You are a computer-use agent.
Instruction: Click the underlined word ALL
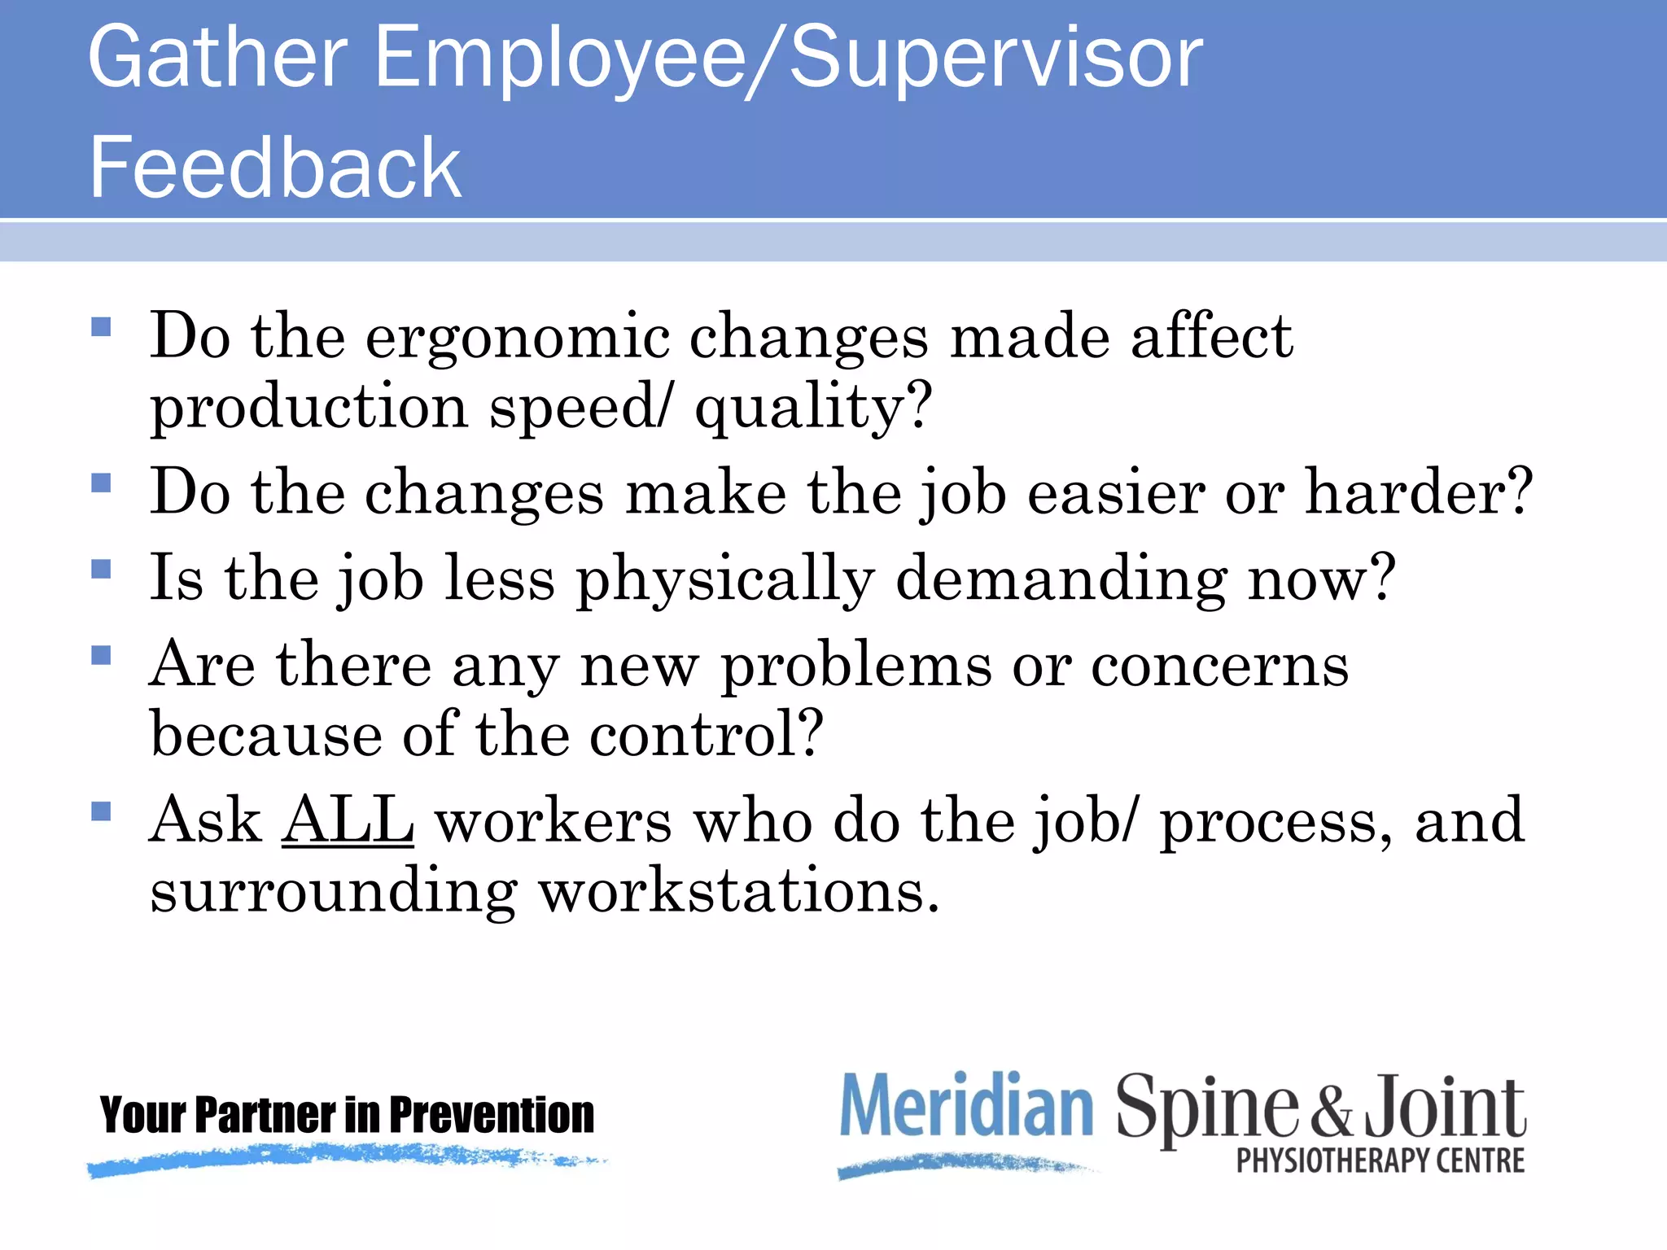click(x=348, y=820)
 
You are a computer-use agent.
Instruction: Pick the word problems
click(x=856, y=666)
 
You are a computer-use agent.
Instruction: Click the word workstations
click(x=739, y=891)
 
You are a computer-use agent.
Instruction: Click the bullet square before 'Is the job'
click(x=101, y=568)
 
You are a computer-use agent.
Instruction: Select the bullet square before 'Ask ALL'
click(x=101, y=811)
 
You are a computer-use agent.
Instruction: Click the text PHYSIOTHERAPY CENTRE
click(x=1380, y=1160)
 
